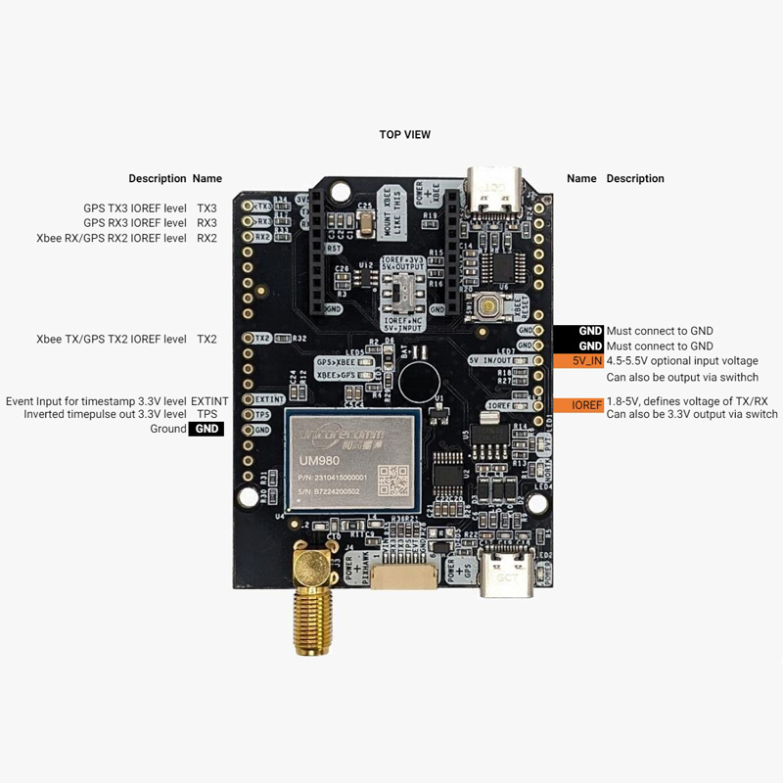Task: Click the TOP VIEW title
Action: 404,134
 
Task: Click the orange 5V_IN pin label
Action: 584,361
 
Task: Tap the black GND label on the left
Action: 207,429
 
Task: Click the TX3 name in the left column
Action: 207,208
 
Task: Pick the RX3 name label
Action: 207,223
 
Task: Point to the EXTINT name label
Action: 208,401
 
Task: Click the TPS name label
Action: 207,415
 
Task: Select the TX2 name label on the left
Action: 207,339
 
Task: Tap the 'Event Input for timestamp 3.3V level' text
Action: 96,401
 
